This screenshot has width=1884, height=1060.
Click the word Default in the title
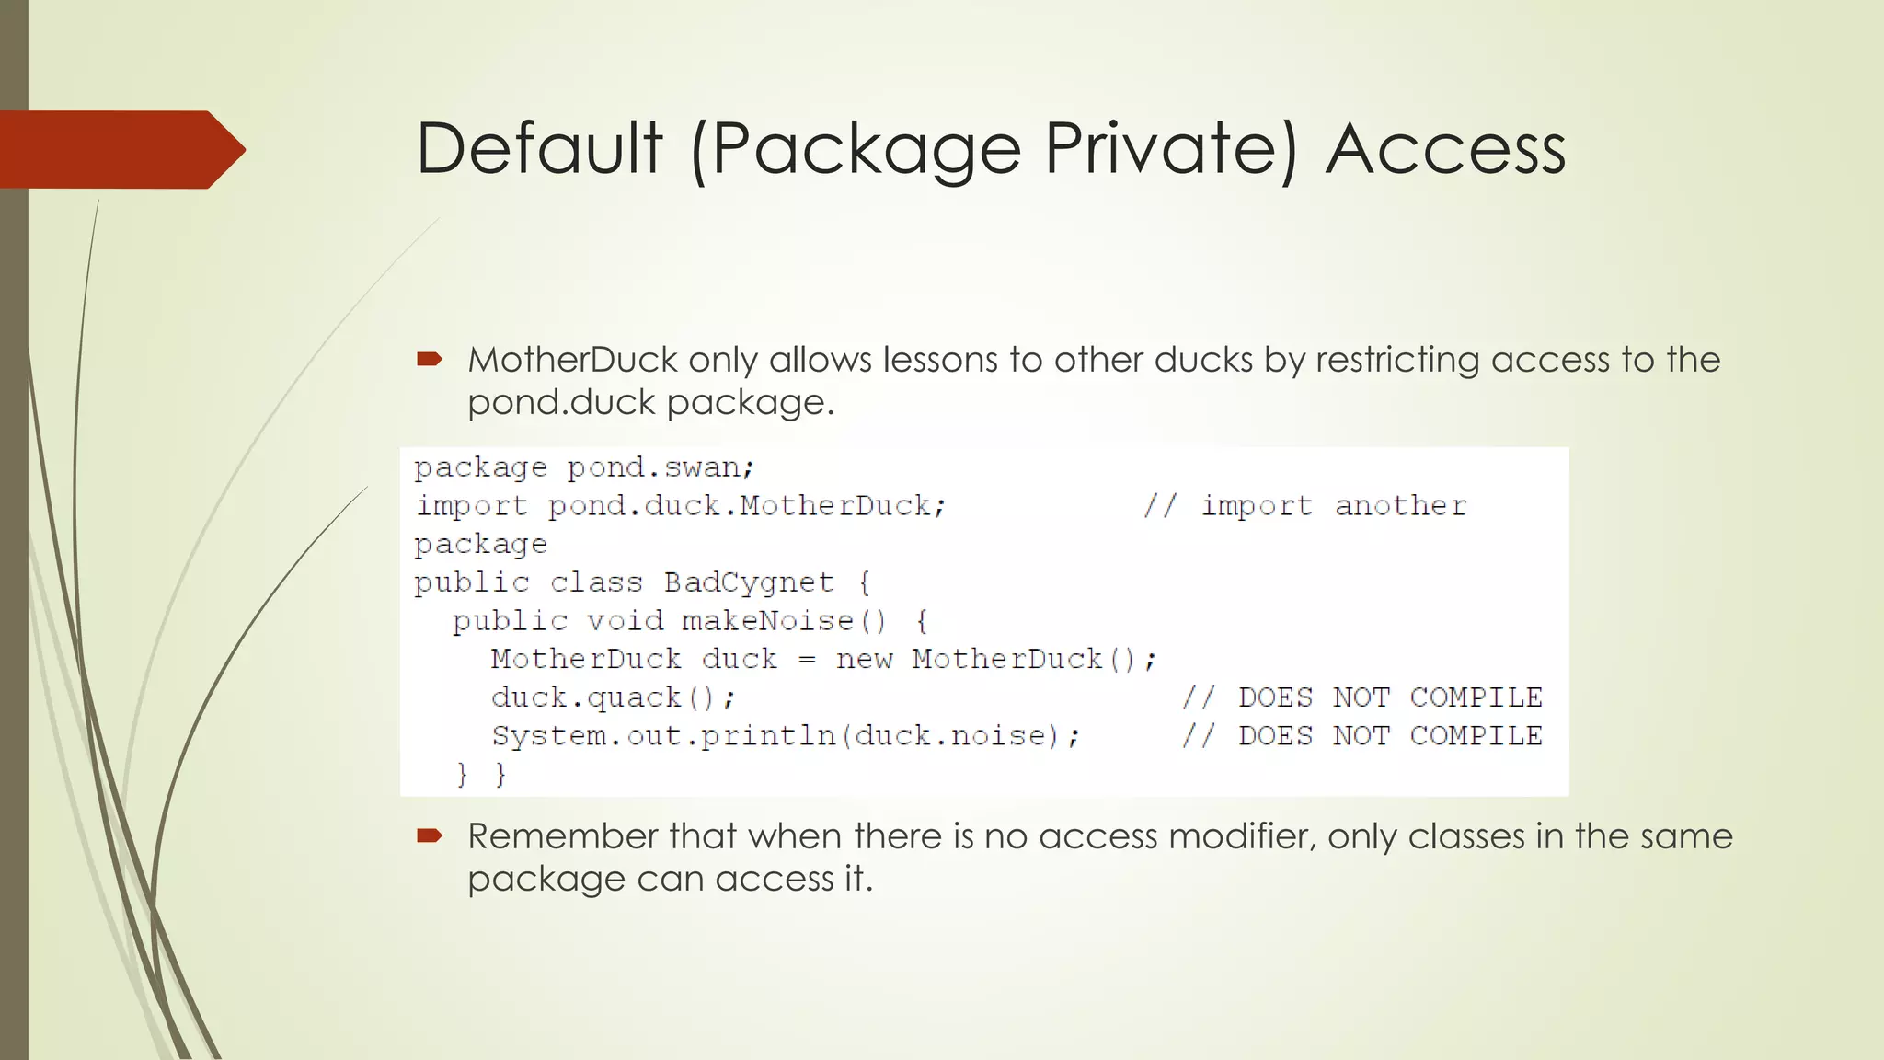pos(539,149)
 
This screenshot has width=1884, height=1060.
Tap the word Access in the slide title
pos(1445,149)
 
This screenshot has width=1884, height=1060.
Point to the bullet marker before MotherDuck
pos(430,359)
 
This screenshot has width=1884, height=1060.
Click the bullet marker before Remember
pos(430,835)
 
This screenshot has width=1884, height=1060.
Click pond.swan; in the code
pos(661,467)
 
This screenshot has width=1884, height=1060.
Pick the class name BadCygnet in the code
pos(749,582)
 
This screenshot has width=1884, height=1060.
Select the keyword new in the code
pos(864,660)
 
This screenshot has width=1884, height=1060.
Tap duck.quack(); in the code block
pos(613,698)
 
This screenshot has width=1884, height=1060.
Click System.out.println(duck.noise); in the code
pos(786,736)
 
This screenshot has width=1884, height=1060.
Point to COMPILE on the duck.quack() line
pos(1476,697)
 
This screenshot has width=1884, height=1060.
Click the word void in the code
pos(625,621)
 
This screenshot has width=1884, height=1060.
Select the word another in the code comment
pos(1400,506)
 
